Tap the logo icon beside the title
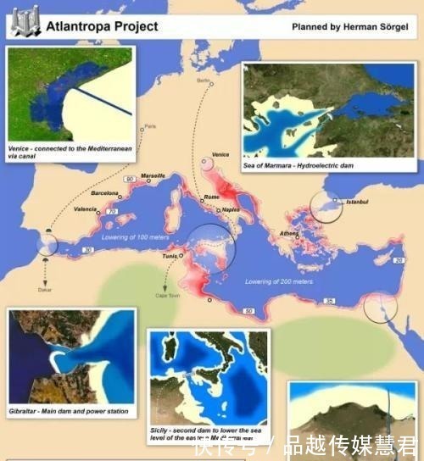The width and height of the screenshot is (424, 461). coord(25,25)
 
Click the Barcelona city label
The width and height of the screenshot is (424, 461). coord(105,192)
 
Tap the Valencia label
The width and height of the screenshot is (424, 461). coord(86,208)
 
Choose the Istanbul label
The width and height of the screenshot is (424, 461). coord(349,202)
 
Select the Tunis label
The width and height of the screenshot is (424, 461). coord(169,254)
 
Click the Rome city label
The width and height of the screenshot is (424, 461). coord(213,197)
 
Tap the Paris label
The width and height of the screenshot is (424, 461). coord(151,127)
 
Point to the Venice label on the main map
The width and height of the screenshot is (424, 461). coord(220,154)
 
